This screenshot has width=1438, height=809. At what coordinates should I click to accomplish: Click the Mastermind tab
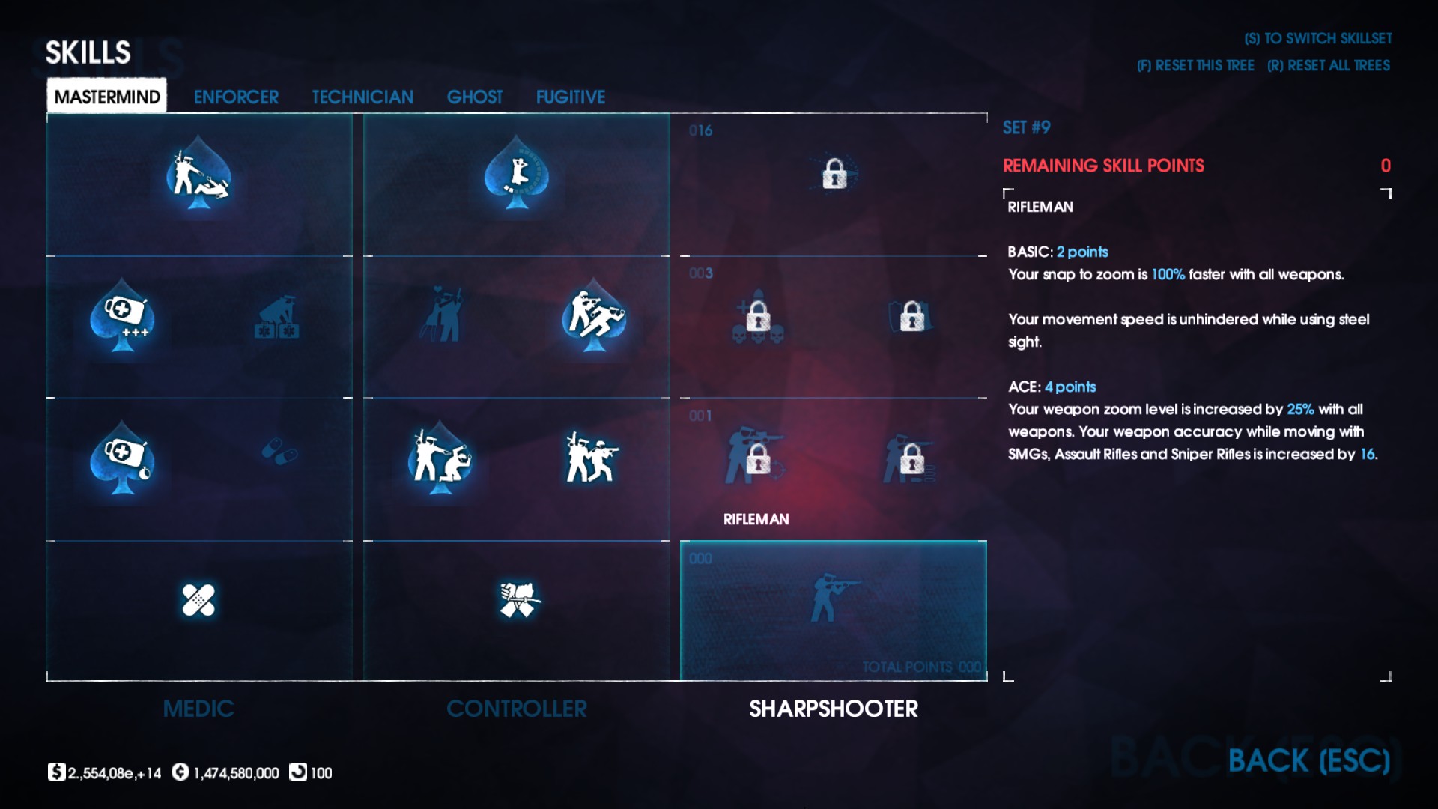[x=107, y=97]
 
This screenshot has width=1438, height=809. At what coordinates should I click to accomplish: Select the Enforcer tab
[x=236, y=97]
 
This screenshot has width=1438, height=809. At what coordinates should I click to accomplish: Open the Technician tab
[x=362, y=97]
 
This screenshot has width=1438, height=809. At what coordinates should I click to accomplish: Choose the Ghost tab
[x=475, y=97]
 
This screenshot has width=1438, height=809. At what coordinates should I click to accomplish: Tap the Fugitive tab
[x=571, y=97]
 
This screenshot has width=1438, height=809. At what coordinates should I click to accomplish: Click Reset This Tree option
[x=1195, y=66]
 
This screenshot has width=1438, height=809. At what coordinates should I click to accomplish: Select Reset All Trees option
[x=1329, y=66]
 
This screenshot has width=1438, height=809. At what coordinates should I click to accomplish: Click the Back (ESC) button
[x=1308, y=761]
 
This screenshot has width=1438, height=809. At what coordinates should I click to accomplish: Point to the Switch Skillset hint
[x=1318, y=38]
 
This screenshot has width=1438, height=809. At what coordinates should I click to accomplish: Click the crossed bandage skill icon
[x=198, y=600]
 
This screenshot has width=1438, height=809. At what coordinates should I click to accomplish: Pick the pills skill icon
[x=280, y=451]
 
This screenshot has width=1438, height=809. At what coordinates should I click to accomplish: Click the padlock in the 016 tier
[x=834, y=175]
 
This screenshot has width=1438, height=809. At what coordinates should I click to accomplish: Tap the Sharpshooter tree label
[x=834, y=709]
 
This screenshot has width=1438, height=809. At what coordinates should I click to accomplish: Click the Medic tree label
[x=198, y=709]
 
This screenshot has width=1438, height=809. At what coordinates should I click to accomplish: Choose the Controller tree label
[x=517, y=709]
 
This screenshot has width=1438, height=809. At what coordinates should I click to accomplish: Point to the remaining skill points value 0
[x=1386, y=166]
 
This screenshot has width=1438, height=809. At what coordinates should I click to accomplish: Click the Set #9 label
[x=1026, y=127]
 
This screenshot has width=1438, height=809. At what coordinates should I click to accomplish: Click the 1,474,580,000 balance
[x=236, y=773]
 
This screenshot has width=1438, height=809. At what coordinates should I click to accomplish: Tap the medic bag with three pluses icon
[x=124, y=315]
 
